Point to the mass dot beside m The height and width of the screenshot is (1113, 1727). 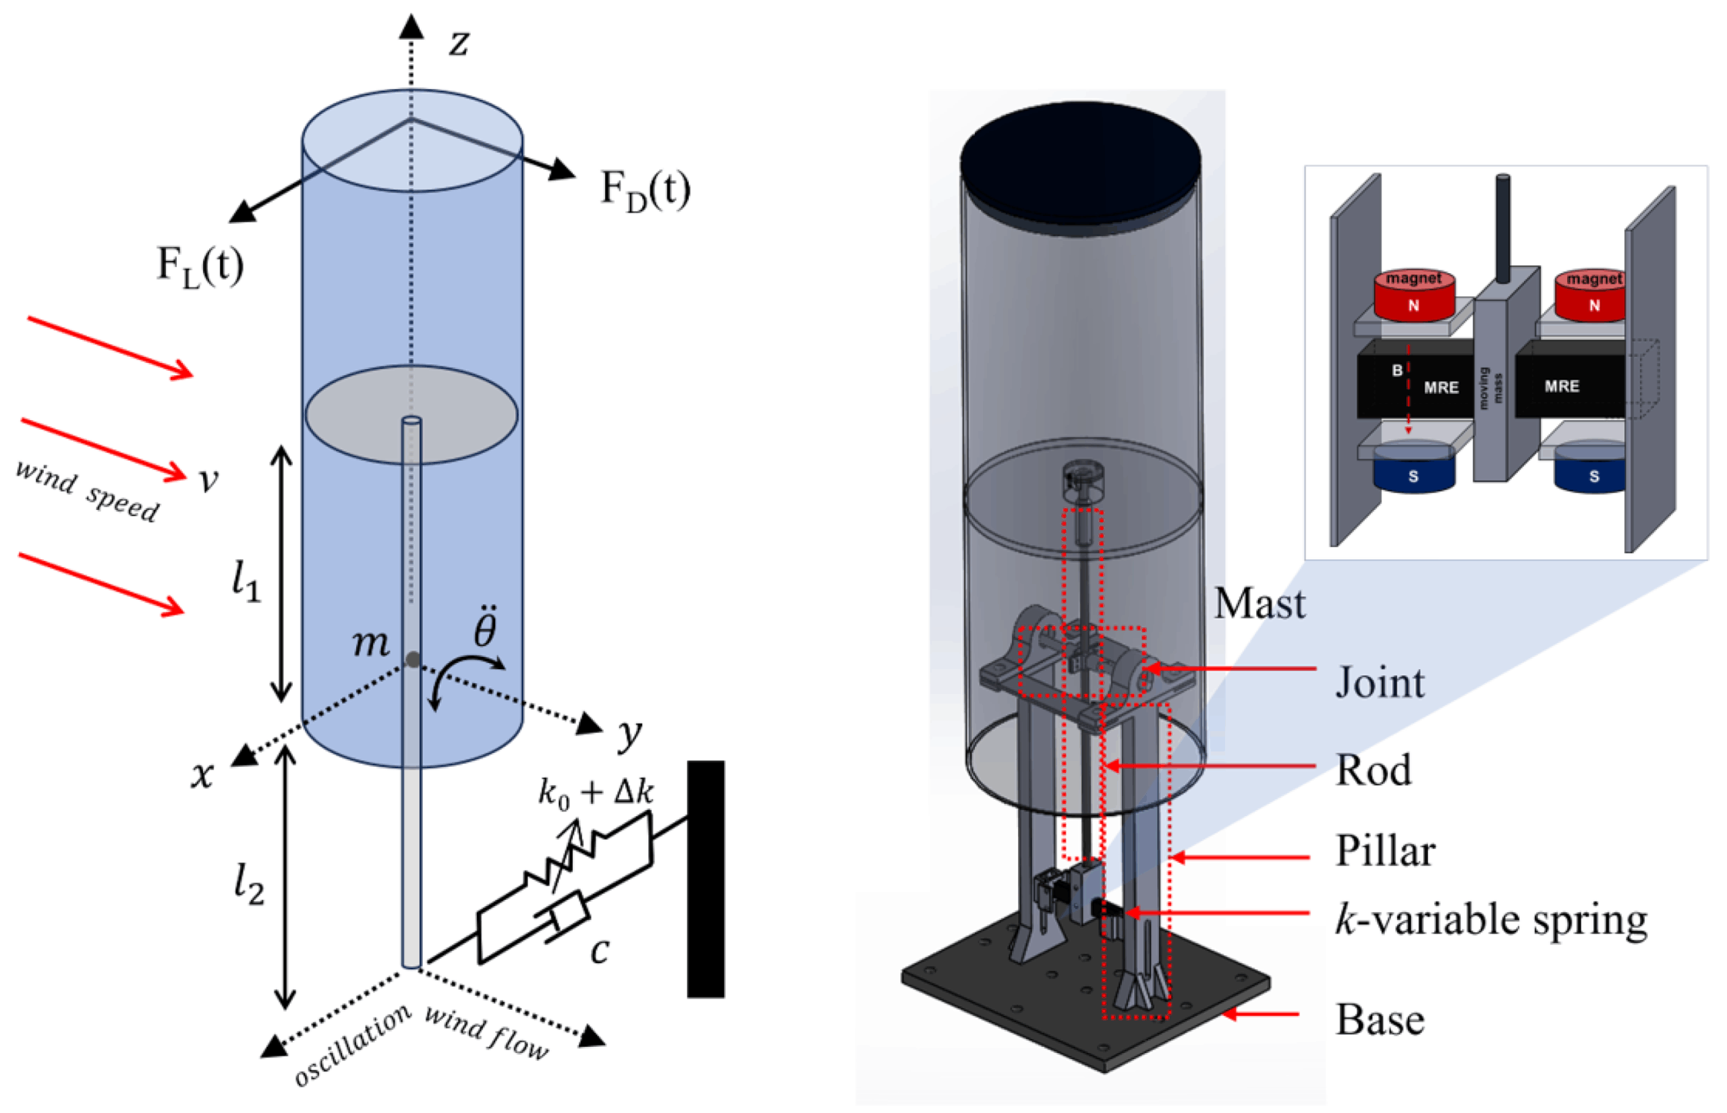pos(413,659)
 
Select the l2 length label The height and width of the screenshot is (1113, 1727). pos(248,883)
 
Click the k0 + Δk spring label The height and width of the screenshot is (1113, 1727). pos(596,792)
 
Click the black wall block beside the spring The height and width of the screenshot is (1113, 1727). pos(705,880)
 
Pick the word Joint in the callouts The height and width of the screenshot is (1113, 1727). pos(1380,682)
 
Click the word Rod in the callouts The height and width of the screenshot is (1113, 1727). pos(1373,770)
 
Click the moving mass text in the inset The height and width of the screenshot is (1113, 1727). pos(1490,388)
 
